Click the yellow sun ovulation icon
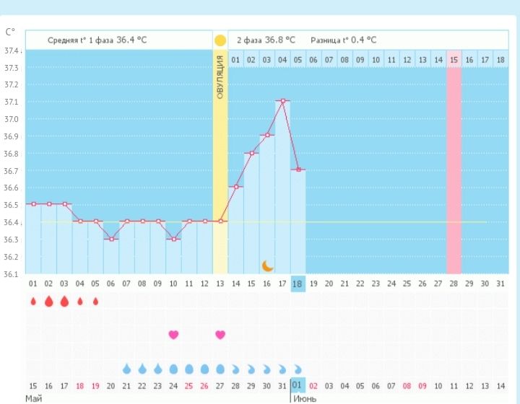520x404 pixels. [x=220, y=40]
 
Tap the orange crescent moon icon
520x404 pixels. [x=267, y=265]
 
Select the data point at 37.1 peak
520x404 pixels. [x=283, y=101]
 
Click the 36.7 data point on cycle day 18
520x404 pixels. [x=298, y=170]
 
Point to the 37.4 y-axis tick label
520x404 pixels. [x=12, y=51]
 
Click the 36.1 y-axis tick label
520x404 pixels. [x=12, y=274]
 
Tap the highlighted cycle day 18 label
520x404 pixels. [x=298, y=284]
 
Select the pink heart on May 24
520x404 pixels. [x=173, y=334]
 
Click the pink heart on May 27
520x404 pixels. [x=220, y=334]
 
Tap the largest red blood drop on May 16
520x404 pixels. [x=48, y=301]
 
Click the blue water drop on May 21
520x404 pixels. [x=126, y=369]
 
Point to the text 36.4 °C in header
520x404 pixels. [x=131, y=40]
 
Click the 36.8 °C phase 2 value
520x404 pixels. [x=281, y=40]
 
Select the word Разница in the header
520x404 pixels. [x=325, y=40]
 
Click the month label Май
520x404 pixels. [x=34, y=398]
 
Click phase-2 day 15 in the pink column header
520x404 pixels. [x=454, y=59]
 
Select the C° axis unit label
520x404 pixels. [x=10, y=32]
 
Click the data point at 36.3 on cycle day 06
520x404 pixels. [x=110, y=239]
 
